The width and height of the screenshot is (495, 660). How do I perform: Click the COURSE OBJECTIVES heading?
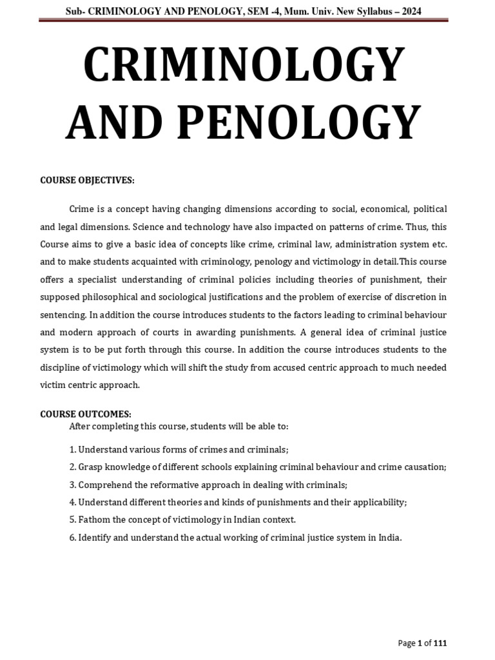coord(87,180)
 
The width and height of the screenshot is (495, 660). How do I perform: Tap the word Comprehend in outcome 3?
coord(104,484)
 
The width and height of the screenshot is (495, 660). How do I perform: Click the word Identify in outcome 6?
coord(95,537)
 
